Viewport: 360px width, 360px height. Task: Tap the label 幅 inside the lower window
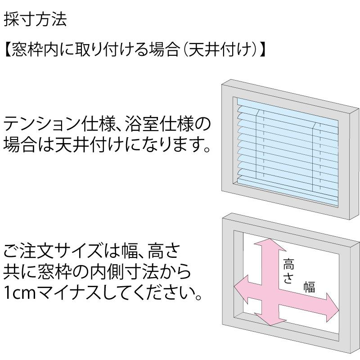(309, 287)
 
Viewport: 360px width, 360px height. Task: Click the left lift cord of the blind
(257, 144)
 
